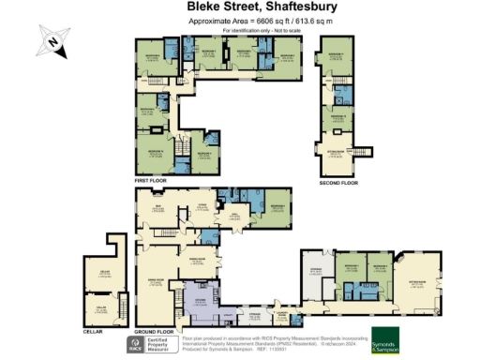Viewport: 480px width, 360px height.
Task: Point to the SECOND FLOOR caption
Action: [338, 184]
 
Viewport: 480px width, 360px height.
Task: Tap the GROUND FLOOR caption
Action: [154, 332]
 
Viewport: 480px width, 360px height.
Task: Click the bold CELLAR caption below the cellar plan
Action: [92, 331]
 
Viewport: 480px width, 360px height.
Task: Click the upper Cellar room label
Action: [105, 273]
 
